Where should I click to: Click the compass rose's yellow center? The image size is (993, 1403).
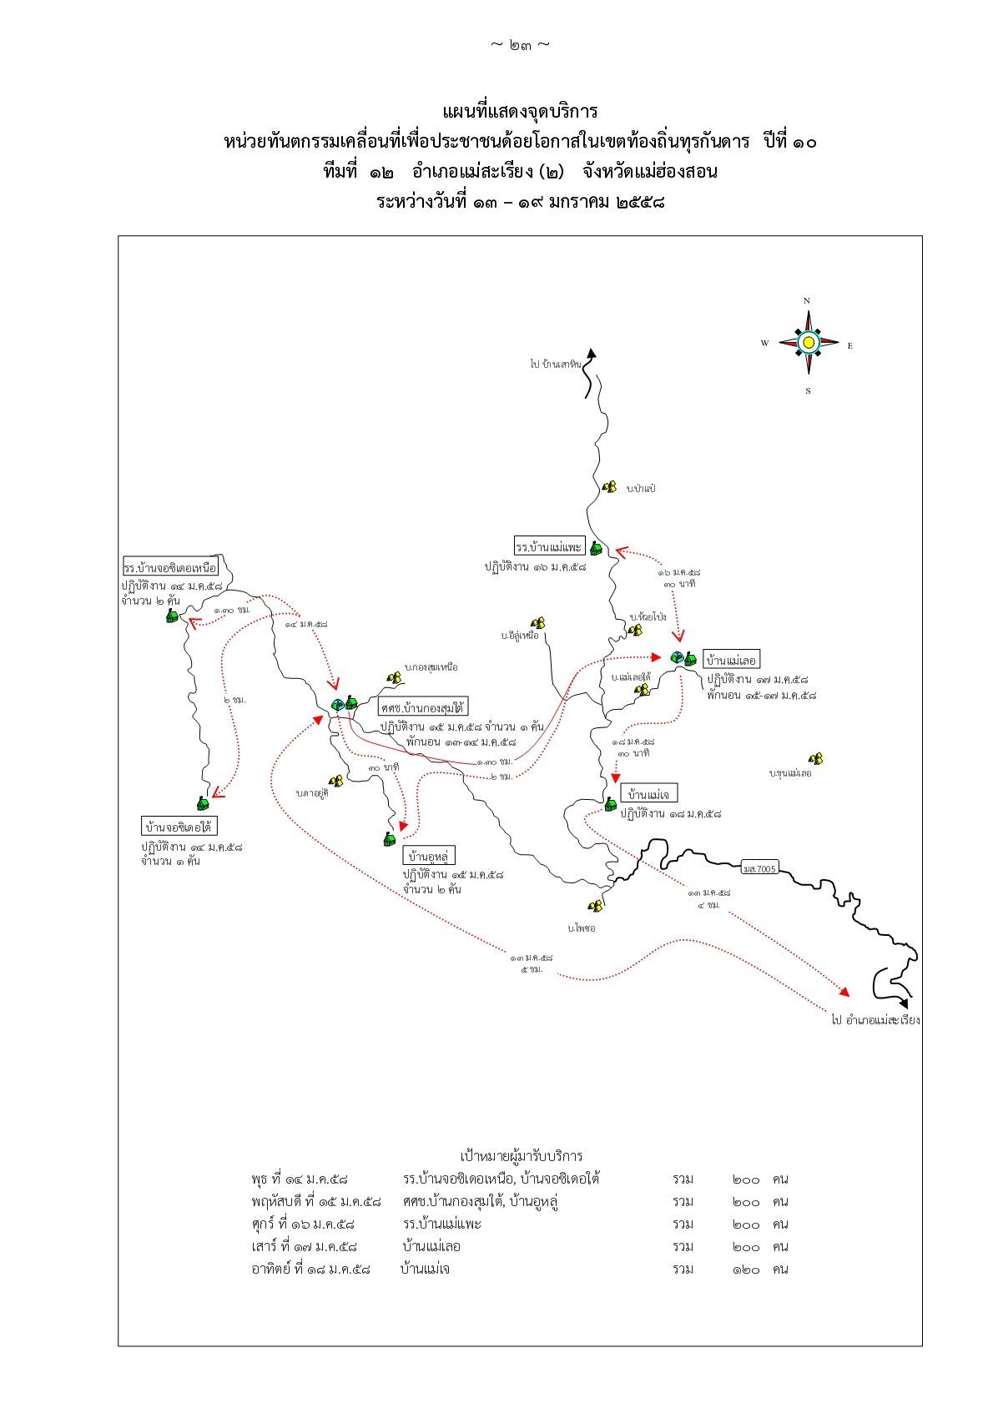[x=808, y=342]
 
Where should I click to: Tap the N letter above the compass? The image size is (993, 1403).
[x=807, y=301]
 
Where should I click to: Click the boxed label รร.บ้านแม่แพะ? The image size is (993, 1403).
[x=548, y=547]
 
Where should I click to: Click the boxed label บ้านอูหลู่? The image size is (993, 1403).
[x=429, y=856]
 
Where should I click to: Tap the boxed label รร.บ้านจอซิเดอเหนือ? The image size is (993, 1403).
[x=170, y=567]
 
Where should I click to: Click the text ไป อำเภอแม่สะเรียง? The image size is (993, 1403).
[x=875, y=1019]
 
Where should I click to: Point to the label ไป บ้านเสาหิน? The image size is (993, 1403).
[x=555, y=365]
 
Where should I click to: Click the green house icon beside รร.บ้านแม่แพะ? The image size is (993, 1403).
[x=596, y=548]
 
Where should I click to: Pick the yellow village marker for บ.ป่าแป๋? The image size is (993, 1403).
[x=610, y=486]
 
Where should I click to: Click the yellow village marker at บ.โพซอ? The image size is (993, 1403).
[x=596, y=906]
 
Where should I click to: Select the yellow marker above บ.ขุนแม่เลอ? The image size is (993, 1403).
[x=816, y=759]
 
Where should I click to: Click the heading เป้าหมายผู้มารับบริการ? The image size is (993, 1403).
[x=522, y=1155]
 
